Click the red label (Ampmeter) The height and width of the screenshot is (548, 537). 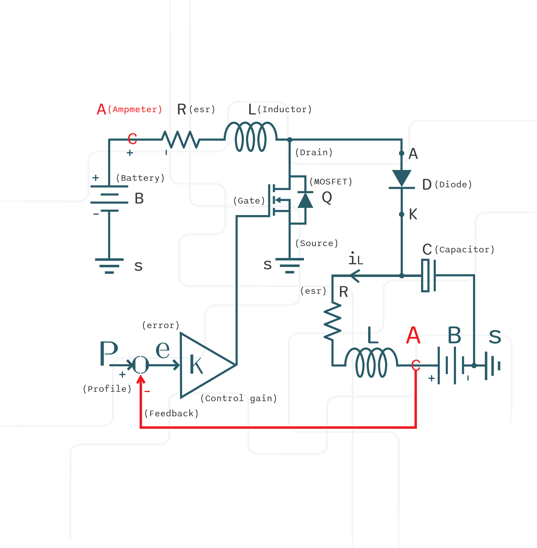(x=135, y=109)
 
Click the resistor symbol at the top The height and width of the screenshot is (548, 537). (x=180, y=139)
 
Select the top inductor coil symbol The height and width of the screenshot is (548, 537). (x=251, y=137)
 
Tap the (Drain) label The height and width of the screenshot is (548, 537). (x=314, y=152)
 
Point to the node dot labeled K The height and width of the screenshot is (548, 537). (x=402, y=215)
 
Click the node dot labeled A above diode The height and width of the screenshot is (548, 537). (x=402, y=153)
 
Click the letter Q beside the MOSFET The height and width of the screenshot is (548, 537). (x=327, y=197)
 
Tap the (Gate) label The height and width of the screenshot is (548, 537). (x=249, y=201)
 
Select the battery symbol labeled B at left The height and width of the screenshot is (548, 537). (x=109, y=198)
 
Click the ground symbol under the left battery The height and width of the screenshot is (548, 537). (x=109, y=266)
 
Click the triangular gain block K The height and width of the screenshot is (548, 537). (x=203, y=365)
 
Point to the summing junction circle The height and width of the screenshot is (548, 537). (x=140, y=365)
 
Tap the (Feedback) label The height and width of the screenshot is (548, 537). (x=171, y=414)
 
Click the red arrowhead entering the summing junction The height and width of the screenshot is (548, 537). (x=141, y=379)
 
